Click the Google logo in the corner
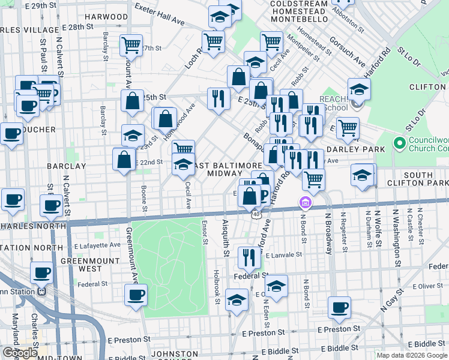(x=19, y=353)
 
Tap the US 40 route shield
(x=257, y=214)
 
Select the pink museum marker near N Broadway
(x=306, y=204)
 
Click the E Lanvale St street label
(x=286, y=255)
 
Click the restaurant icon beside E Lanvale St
(x=247, y=257)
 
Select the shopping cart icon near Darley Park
(x=348, y=127)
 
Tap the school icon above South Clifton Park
(x=362, y=175)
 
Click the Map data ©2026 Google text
(x=412, y=355)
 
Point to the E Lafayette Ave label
(x=91, y=245)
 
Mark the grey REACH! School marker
(x=357, y=104)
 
